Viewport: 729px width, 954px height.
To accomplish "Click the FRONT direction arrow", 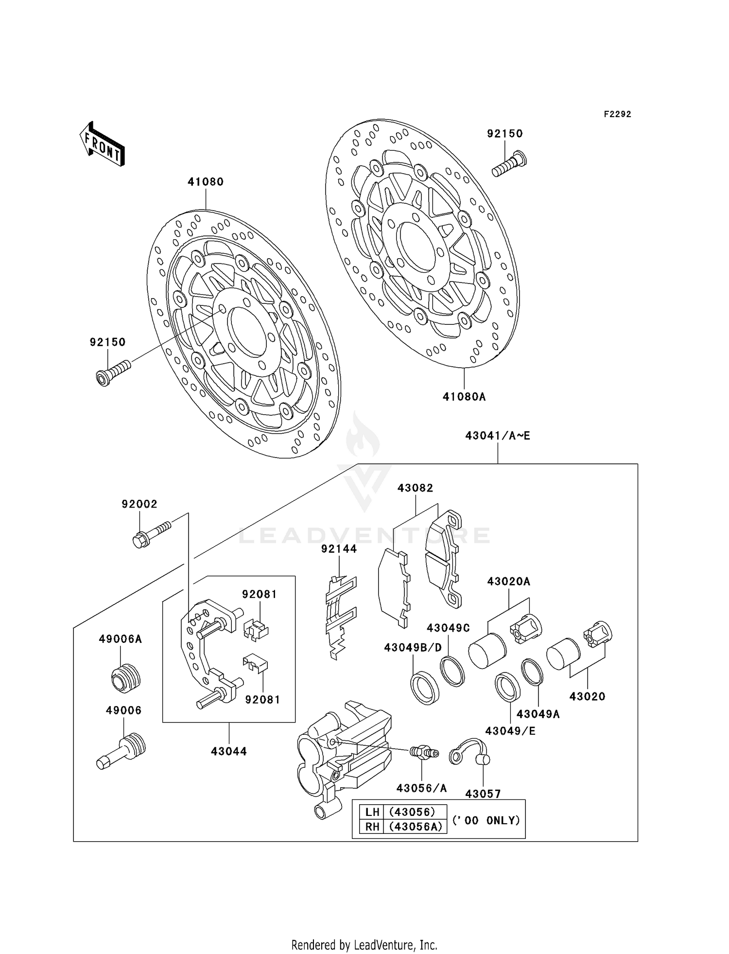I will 103,144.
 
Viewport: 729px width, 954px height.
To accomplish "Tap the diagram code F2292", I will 617,114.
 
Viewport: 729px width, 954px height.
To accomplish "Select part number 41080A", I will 464,397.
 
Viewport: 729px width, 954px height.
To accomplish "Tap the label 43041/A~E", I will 498,436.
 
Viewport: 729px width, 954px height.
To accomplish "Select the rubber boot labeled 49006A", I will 125,677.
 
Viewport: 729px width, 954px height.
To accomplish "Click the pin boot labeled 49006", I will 121,751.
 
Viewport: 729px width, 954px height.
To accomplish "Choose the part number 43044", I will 228,751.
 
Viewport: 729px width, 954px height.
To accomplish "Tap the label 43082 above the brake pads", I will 415,488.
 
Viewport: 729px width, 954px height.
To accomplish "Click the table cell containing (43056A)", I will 415,827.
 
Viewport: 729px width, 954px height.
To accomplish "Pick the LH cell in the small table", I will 372,812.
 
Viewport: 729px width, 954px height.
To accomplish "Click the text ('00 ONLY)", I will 486,820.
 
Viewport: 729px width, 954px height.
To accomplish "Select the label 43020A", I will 508,581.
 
